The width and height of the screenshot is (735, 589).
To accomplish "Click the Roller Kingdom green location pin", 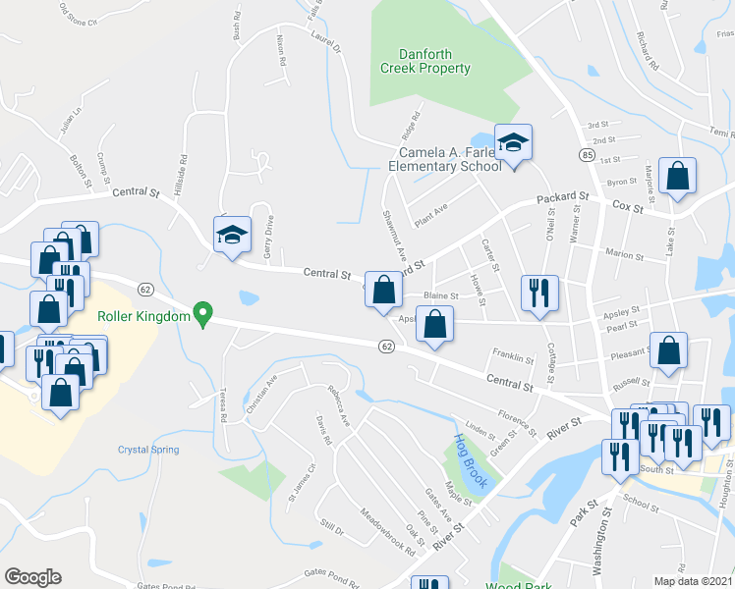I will pos(203,313).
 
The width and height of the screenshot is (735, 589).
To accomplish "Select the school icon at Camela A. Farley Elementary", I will pos(512,143).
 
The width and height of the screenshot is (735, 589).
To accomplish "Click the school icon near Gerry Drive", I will pos(232,235).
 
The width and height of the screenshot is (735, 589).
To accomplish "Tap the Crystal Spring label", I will pos(148,450).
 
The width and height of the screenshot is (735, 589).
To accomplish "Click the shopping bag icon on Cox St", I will pos(677,177).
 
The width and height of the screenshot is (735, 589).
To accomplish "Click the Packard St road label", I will pos(562,198).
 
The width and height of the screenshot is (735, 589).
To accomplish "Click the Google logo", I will pos(32,577).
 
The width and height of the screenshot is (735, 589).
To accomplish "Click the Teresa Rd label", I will pos(224,403).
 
